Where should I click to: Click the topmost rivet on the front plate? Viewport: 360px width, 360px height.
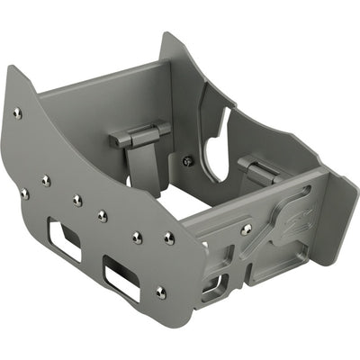(17, 112)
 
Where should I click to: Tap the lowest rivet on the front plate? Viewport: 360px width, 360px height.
(160, 292)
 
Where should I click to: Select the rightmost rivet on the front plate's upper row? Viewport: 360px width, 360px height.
(169, 238)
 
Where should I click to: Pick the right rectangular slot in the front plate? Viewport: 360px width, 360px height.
(121, 277)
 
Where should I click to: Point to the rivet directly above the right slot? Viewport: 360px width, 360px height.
(137, 237)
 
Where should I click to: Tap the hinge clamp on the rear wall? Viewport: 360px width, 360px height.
(139, 136)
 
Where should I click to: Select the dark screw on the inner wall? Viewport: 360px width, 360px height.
(187, 161)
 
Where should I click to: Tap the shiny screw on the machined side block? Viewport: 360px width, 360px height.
(246, 230)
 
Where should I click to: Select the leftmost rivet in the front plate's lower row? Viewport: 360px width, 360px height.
(24, 193)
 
